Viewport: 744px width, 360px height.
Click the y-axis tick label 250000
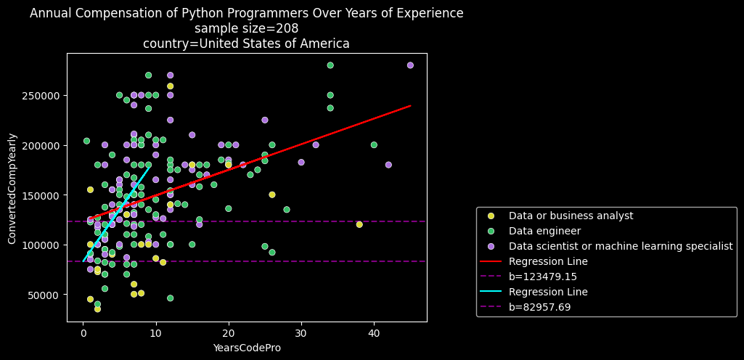(45, 95)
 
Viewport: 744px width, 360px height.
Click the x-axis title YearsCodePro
(247, 348)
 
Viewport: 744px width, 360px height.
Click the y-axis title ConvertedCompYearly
(12, 195)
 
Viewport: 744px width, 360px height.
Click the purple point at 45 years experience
(410, 65)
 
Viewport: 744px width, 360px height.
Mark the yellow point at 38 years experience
(359, 224)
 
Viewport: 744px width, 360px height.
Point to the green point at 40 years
(374, 145)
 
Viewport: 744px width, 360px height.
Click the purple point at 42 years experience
(388, 165)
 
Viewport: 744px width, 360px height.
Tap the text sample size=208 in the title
(247, 28)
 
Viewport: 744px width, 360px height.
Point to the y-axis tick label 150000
(45, 195)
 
